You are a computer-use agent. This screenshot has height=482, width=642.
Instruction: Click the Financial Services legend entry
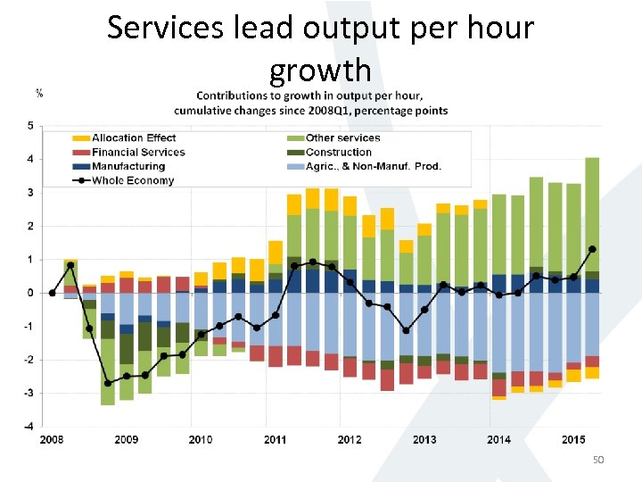pos(138,152)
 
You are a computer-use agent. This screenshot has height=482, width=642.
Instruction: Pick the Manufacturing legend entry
pos(128,166)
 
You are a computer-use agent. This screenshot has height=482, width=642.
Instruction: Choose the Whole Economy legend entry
pos(133,180)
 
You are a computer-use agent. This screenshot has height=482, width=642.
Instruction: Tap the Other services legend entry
pos(342,137)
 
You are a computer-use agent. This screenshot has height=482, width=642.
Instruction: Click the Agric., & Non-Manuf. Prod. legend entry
pos(374,166)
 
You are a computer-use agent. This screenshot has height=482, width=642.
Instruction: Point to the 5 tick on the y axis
pos(30,126)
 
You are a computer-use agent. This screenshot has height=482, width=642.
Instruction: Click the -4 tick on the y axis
pos(29,426)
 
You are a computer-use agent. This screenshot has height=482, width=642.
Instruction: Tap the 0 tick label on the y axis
pos(30,293)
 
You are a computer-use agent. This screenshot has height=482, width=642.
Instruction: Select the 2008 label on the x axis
pos(52,439)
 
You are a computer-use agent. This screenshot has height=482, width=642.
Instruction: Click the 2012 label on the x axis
pos(350,439)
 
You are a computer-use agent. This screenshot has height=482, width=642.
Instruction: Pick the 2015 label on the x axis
pos(573,439)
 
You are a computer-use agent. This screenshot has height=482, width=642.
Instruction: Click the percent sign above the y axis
pos(39,93)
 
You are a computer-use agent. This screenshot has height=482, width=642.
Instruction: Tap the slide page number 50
pos(598,459)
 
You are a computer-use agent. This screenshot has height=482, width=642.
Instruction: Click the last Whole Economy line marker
pos(592,249)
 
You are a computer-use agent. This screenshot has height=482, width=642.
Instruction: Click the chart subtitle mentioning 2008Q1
pos(311,110)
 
